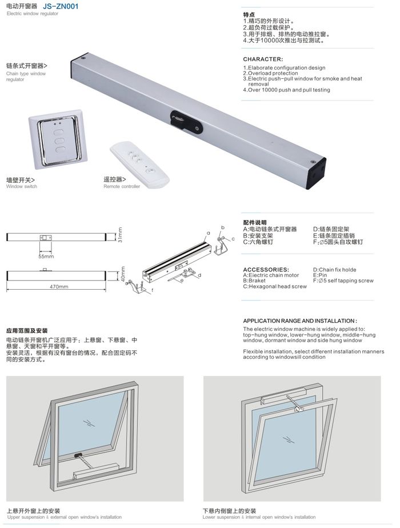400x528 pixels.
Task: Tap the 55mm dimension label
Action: click(46, 257)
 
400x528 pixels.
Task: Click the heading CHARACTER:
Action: click(263, 59)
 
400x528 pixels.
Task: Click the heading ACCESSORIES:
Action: click(266, 269)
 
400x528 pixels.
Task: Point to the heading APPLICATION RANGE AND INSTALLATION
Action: click(299, 321)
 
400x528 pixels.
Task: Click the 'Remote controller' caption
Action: click(122, 187)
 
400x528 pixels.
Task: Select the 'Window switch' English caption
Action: click(22, 187)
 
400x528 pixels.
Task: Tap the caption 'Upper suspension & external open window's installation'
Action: click(64, 517)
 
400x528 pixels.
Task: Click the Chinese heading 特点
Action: click(249, 14)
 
